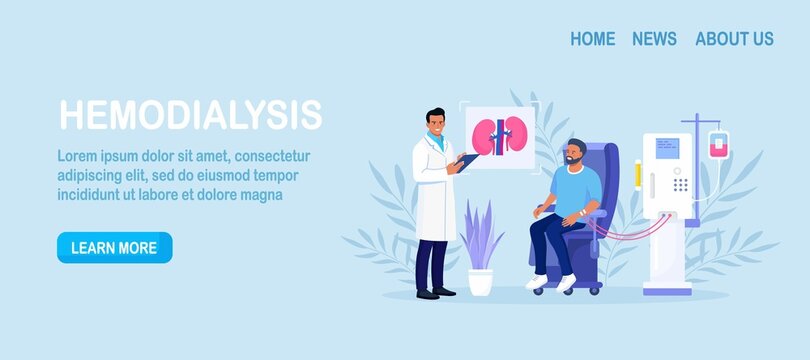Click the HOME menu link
592,39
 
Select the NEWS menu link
654,39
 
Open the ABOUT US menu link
734,39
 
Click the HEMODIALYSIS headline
190,115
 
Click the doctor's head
435,125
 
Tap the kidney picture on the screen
499,137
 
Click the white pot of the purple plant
480,282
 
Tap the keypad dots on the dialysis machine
680,184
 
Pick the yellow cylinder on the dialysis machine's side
637,175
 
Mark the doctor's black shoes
436,293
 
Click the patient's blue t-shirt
580,190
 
